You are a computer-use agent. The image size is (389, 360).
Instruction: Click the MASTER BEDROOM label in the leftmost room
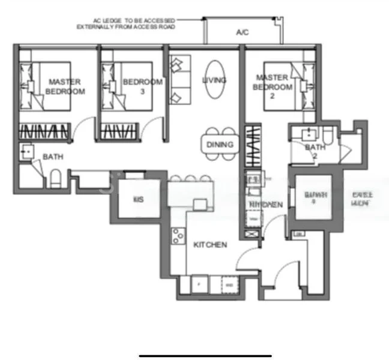tap(65, 86)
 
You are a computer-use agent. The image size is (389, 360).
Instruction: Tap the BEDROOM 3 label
tap(142, 86)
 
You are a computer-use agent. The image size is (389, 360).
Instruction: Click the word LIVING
tap(214, 80)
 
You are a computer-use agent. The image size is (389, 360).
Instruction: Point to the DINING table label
tap(219, 145)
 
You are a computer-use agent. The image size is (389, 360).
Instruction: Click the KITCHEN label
tap(210, 245)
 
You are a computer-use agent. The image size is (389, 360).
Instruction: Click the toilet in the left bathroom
tap(54, 179)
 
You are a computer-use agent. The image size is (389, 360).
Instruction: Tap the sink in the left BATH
tap(26, 152)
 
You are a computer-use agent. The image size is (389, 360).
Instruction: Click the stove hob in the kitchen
tap(178, 237)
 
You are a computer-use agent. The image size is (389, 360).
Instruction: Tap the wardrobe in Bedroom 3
tap(119, 131)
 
